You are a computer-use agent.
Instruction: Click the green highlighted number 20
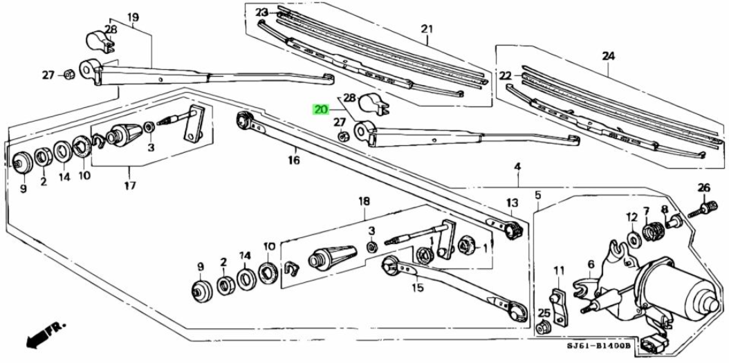point(320,109)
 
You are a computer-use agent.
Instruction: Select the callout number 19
point(133,17)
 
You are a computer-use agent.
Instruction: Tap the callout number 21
point(426,28)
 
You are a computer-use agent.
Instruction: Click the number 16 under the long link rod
point(294,160)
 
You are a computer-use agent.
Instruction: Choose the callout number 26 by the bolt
point(703,187)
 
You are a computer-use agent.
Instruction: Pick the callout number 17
point(130,185)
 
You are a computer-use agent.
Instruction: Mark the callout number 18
point(364,201)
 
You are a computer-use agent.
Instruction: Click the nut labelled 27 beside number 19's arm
point(68,74)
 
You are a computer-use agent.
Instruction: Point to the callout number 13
point(511,203)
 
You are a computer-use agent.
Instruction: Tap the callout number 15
point(416,288)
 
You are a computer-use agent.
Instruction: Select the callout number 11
point(559,270)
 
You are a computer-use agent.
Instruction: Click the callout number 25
point(544,313)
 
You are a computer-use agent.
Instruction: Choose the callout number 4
point(517,167)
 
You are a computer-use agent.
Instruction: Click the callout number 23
point(261,12)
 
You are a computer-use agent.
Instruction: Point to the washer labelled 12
point(634,240)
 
